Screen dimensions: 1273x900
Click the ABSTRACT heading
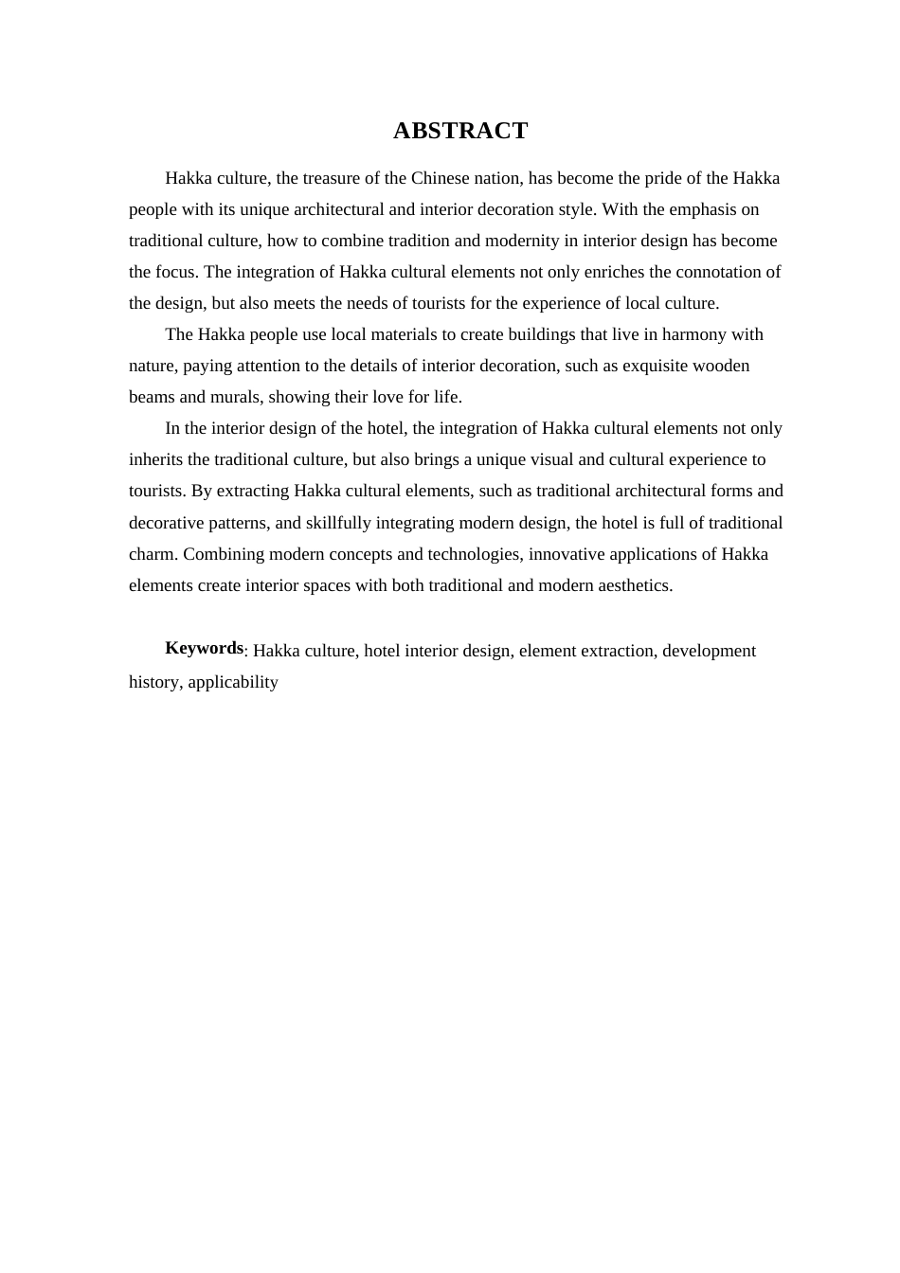(x=459, y=131)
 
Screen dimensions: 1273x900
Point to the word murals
(x=240, y=397)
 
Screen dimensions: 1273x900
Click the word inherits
(x=156, y=459)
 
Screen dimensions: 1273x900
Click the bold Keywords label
(x=204, y=649)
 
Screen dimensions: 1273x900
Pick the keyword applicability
(x=233, y=682)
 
